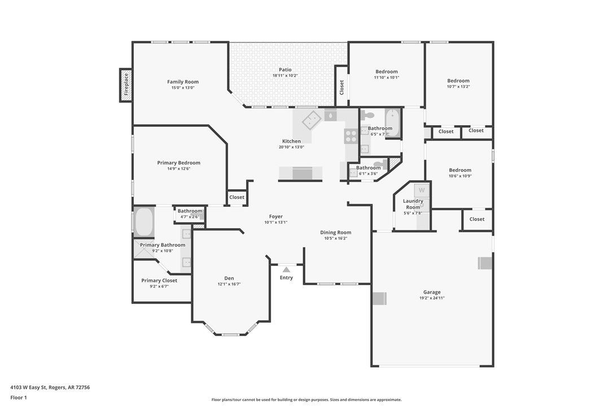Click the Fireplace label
tap(126, 85)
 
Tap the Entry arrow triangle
tap(286, 269)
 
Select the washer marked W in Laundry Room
tap(422, 190)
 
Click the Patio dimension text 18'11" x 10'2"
tap(285, 76)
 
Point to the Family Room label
tap(183, 82)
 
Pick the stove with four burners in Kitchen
tap(351, 136)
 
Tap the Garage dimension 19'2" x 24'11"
tap(432, 298)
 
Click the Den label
tap(229, 278)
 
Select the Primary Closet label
tap(159, 280)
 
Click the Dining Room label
tap(336, 232)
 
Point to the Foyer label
tap(276, 216)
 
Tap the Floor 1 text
tap(19, 398)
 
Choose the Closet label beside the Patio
tap(341, 87)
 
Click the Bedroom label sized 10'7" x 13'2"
tap(458, 81)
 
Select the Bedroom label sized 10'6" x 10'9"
tap(460, 170)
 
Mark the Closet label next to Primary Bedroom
tap(237, 197)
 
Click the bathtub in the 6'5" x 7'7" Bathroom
tap(393, 123)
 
